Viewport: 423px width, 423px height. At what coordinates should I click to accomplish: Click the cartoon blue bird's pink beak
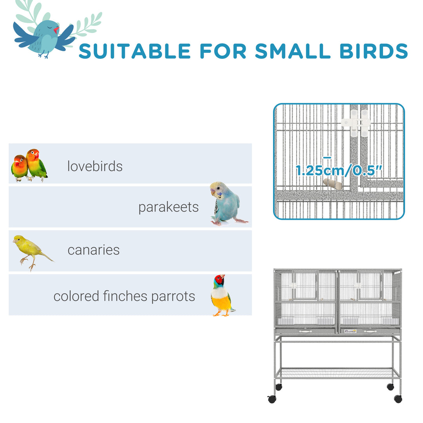point(56,30)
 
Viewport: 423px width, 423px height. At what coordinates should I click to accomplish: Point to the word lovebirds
point(95,166)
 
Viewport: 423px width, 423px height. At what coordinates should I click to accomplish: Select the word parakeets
point(168,207)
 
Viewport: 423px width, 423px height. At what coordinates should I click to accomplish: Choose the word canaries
point(94,250)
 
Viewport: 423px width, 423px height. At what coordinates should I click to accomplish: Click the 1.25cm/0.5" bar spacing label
point(339,171)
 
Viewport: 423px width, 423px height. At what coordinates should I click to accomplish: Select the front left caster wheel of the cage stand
point(271,399)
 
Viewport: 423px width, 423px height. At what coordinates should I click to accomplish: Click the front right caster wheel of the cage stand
point(398,399)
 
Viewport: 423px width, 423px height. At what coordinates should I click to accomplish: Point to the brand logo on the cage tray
point(350,331)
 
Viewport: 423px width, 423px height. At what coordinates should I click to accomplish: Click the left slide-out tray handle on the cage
point(305,331)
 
